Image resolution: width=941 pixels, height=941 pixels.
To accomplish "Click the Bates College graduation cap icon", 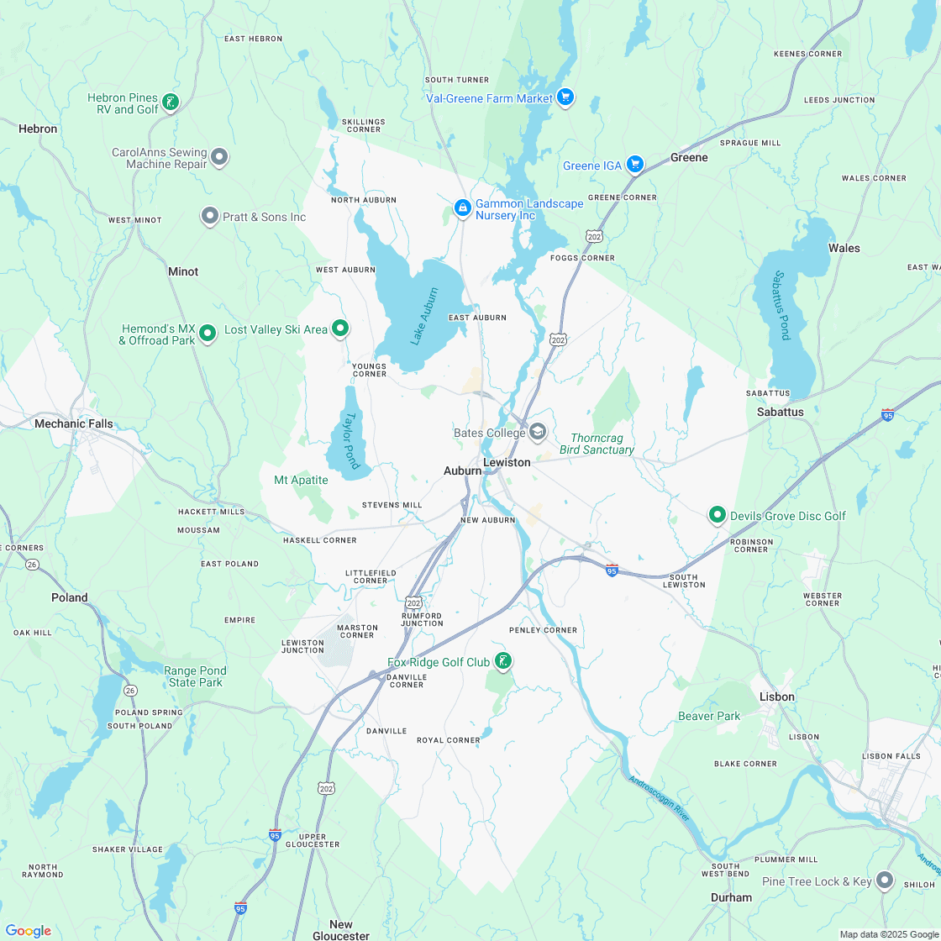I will click(x=538, y=433).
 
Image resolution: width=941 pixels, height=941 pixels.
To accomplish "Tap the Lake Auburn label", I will click(x=424, y=316).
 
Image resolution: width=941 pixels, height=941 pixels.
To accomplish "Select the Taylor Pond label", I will click(x=350, y=439).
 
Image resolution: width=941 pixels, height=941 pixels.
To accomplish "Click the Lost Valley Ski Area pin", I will click(x=340, y=329).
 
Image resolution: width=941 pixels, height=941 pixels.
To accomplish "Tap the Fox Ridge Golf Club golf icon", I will click(x=502, y=662).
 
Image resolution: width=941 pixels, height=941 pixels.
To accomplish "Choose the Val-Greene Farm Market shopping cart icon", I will click(x=565, y=98).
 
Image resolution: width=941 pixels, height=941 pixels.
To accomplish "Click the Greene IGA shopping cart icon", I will click(x=635, y=166).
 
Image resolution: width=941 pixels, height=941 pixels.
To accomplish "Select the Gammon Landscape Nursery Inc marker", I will click(x=462, y=208).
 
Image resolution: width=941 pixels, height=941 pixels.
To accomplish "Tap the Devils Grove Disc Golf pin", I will click(x=718, y=515).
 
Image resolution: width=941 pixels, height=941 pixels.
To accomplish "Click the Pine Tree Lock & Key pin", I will click(x=884, y=881).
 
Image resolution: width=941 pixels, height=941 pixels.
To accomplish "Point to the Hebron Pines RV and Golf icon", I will click(x=171, y=103).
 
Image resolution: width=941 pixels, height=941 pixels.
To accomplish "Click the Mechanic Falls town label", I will click(x=74, y=423).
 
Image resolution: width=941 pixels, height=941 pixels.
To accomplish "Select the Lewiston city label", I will click(x=507, y=462).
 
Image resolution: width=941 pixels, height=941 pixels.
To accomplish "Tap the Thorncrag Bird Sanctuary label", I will click(x=602, y=444).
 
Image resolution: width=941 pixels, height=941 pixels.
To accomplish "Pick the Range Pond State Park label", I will click(x=195, y=676).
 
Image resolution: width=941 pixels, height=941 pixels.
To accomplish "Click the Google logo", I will click(x=28, y=931).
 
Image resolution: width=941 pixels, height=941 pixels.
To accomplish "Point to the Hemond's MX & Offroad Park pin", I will click(x=208, y=334).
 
